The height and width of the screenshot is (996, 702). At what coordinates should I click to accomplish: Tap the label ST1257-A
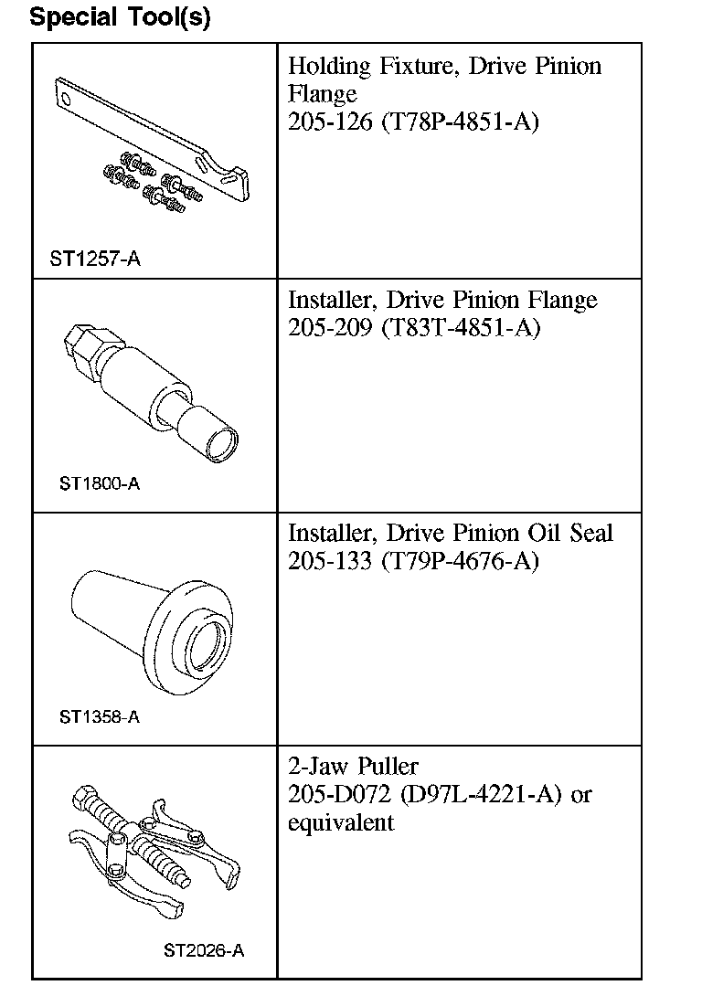click(x=95, y=259)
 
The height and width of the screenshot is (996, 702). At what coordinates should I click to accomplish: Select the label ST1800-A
click(x=100, y=483)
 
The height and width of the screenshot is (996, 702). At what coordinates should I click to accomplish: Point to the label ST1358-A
click(x=100, y=716)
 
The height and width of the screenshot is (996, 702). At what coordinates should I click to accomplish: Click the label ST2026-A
click(x=204, y=950)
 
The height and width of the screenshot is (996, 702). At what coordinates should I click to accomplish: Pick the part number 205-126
click(x=330, y=121)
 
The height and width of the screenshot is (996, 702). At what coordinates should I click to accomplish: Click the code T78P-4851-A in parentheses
click(x=461, y=121)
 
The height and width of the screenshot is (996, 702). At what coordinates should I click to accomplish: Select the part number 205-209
click(x=330, y=327)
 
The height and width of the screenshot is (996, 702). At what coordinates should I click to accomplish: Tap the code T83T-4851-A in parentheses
click(x=462, y=327)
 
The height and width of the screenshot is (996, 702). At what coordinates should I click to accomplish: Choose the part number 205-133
click(x=330, y=561)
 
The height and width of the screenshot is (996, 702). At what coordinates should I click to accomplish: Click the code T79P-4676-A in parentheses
click(x=461, y=561)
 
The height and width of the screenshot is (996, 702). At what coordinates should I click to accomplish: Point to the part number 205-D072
click(x=340, y=794)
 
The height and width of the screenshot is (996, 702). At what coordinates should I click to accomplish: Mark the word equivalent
click(x=341, y=823)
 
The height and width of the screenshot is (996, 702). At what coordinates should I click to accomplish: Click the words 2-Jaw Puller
click(x=353, y=766)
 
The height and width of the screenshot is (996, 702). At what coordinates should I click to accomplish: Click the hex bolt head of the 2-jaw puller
click(x=82, y=795)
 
